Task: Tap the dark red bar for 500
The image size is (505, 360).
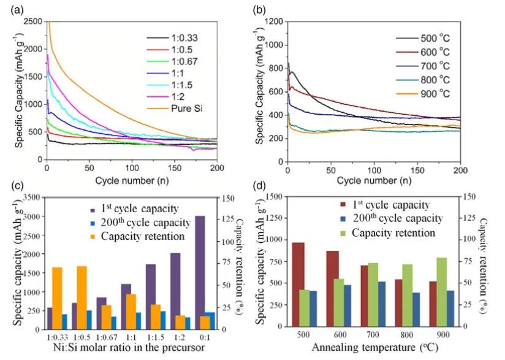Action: pos(298,286)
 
